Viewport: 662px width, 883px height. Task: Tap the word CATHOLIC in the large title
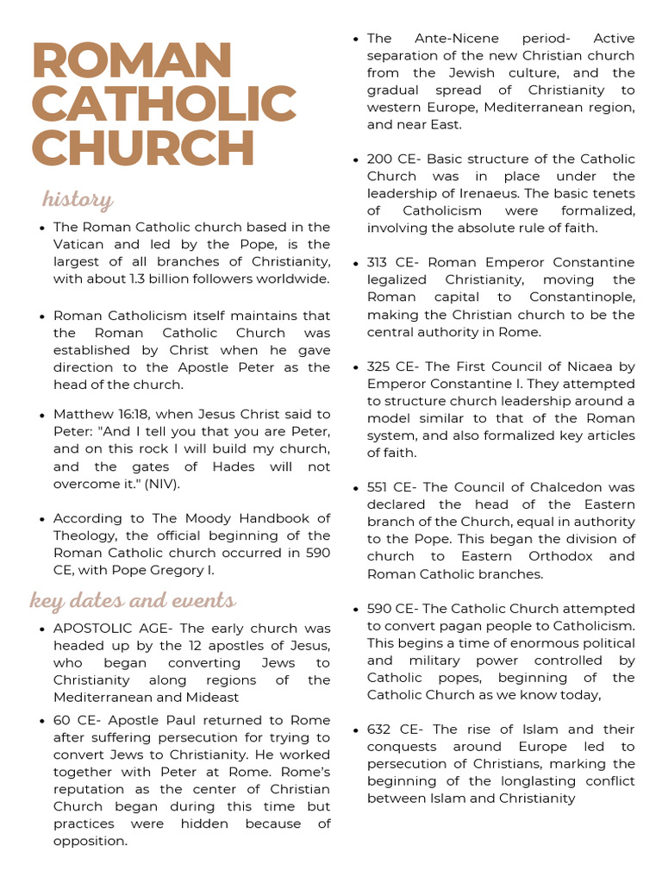point(164,104)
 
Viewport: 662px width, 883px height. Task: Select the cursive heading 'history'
point(78,200)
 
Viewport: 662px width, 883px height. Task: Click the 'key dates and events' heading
point(133,600)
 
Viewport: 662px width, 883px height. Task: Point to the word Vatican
point(79,244)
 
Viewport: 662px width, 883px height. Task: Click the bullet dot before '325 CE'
point(357,367)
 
